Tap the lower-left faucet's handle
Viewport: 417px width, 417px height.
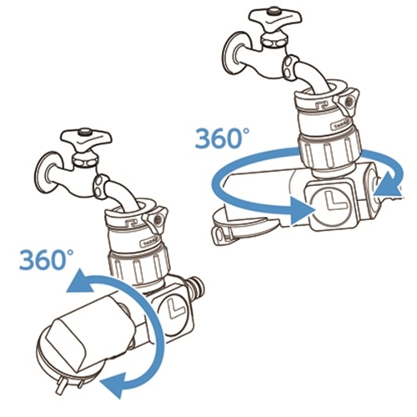coord(87,139)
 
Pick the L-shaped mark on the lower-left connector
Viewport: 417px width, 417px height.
coord(176,308)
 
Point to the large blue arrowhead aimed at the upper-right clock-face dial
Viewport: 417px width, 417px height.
coord(302,210)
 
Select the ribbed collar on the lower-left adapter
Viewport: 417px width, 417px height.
coord(139,266)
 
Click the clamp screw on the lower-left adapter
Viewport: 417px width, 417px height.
coord(157,220)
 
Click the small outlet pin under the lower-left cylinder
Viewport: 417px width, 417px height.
coord(61,387)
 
